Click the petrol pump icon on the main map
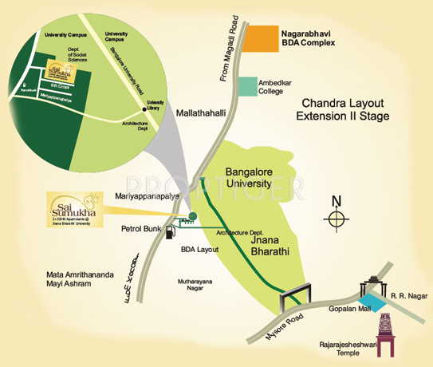(x=170, y=231)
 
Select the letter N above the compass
(x=337, y=200)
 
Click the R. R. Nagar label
(x=406, y=297)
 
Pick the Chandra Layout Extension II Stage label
(x=343, y=110)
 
